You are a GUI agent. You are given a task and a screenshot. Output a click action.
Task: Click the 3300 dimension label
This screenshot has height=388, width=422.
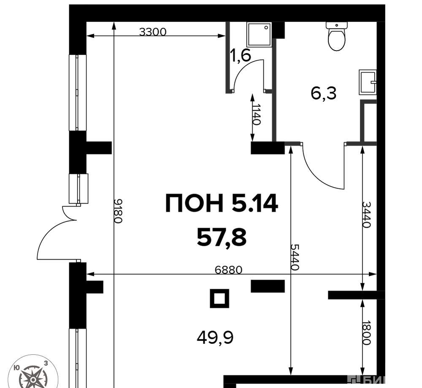153,32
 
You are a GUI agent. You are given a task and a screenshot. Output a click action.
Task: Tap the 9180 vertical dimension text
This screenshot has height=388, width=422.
118,211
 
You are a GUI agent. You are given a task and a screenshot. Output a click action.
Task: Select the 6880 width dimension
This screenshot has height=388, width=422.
229,269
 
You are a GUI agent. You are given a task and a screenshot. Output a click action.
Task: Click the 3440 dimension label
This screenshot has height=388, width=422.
366,214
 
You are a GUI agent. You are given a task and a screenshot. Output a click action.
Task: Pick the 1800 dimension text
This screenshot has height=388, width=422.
366,333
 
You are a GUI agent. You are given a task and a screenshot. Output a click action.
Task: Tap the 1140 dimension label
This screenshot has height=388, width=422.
257,115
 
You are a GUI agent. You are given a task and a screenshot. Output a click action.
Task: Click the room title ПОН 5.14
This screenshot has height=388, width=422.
222,203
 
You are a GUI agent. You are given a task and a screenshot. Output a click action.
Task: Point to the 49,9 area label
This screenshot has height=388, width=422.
215,337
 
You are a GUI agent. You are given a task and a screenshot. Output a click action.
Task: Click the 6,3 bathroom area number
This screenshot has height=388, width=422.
324,93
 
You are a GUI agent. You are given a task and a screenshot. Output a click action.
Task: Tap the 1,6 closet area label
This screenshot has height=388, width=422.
241,56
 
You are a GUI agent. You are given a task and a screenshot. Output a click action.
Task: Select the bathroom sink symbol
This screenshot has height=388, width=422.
368,82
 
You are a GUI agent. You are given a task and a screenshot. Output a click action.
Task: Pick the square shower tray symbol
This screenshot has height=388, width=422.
259,34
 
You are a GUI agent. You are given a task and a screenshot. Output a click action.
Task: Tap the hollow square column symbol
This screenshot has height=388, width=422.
219,299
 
